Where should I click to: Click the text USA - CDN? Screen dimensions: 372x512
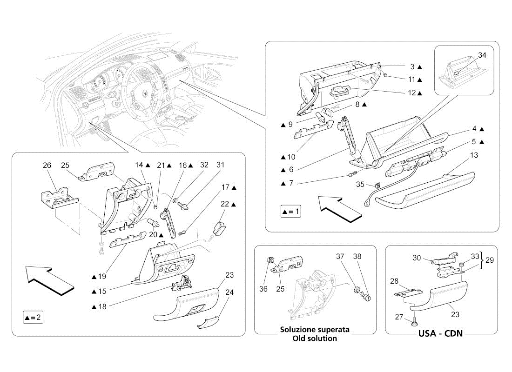(440, 333)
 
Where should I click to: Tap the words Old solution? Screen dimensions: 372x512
(315, 338)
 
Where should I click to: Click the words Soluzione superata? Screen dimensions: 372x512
(315, 329)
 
